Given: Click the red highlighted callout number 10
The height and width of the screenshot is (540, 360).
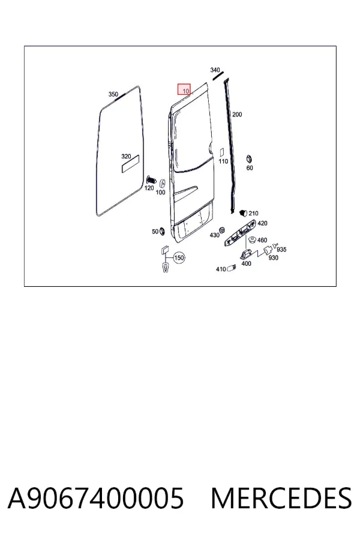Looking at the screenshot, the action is (x=184, y=89).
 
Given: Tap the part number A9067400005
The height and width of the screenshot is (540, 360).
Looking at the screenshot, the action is (x=96, y=499).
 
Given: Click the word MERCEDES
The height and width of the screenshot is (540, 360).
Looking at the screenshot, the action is (x=281, y=499).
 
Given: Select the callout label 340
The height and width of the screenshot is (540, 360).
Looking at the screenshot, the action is (x=215, y=70).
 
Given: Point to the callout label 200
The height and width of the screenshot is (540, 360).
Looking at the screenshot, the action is (x=237, y=115).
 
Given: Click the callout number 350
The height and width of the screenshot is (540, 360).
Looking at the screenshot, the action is (x=113, y=94).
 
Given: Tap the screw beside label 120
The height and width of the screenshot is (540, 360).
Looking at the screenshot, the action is (x=151, y=180).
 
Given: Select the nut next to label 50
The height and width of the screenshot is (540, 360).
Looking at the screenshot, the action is (x=162, y=231).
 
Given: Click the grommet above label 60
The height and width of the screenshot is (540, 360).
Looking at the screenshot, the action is (x=248, y=160).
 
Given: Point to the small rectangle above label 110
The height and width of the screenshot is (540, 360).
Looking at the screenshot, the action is (x=222, y=152).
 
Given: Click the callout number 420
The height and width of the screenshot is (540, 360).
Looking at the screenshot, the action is (x=262, y=223).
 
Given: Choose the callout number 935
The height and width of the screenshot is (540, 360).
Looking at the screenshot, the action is (x=281, y=250).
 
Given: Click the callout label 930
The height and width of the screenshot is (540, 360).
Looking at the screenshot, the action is (x=273, y=257).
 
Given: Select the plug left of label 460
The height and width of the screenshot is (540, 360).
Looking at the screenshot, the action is (x=252, y=240).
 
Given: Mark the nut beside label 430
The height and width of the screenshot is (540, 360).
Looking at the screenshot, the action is (x=223, y=230).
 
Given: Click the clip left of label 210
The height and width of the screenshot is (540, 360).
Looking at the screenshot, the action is (x=244, y=212).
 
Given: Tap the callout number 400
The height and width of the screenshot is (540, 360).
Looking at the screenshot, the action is (x=247, y=263).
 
